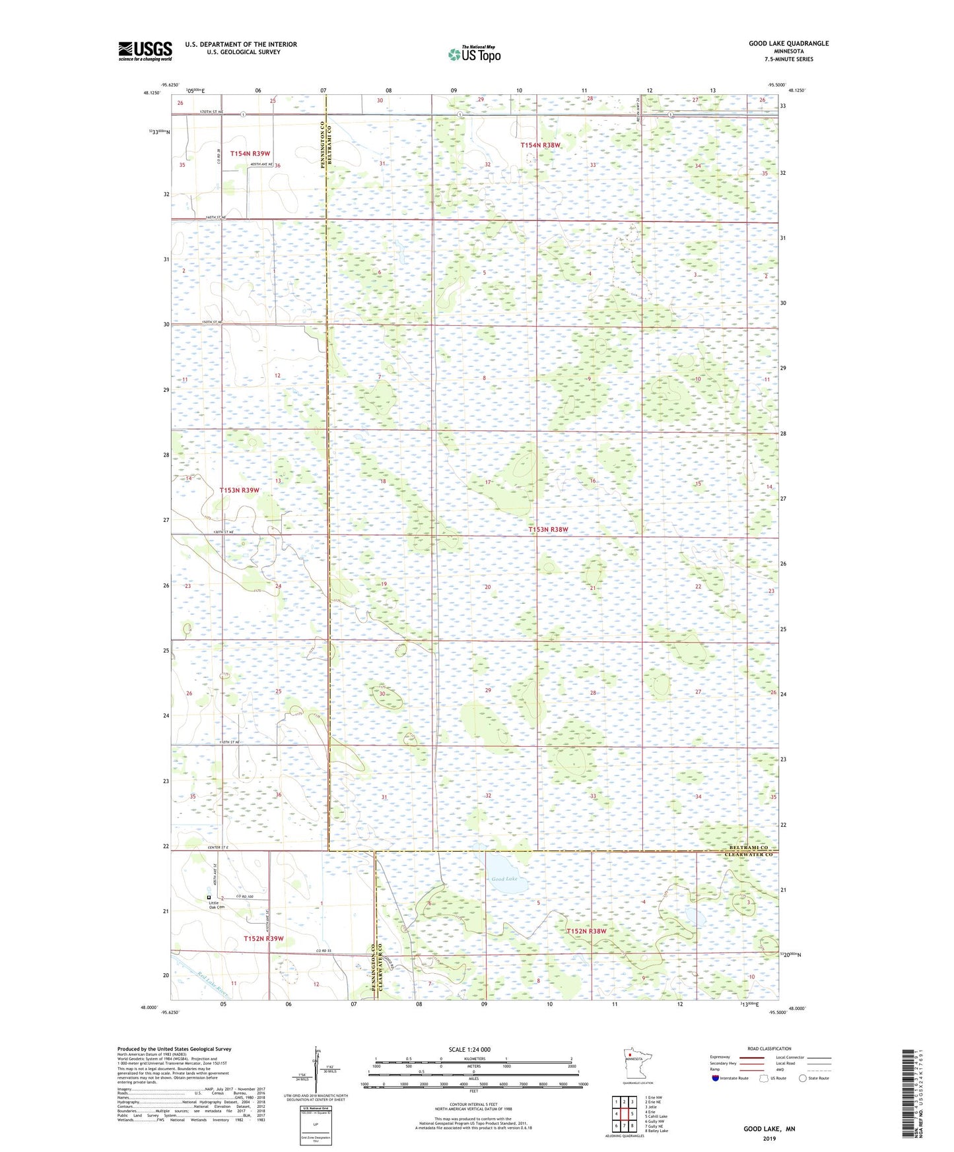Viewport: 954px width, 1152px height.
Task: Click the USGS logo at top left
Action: pyautogui.click(x=145, y=51)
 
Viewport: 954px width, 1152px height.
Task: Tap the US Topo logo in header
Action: pyautogui.click(x=474, y=54)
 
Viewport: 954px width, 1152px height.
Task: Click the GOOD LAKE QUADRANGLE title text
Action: pyautogui.click(x=788, y=44)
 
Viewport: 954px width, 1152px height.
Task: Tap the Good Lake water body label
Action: pyautogui.click(x=504, y=879)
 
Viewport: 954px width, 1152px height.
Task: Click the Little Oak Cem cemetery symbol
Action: pyautogui.click(x=209, y=898)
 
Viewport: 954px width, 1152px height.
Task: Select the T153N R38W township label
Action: pyautogui.click(x=548, y=530)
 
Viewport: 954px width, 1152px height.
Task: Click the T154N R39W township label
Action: pyautogui.click(x=250, y=154)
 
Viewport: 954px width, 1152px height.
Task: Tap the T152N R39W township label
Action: pyautogui.click(x=263, y=938)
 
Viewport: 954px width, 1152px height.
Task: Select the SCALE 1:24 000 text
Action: pyautogui.click(x=469, y=1050)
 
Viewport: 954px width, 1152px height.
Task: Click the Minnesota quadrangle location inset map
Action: pyautogui.click(x=637, y=1065)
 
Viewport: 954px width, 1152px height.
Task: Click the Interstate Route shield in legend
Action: pyautogui.click(x=716, y=1078)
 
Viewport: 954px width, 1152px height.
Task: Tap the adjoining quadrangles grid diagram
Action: pyautogui.click(x=624, y=1114)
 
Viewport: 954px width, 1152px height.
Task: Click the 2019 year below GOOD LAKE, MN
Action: pyautogui.click(x=769, y=1139)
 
